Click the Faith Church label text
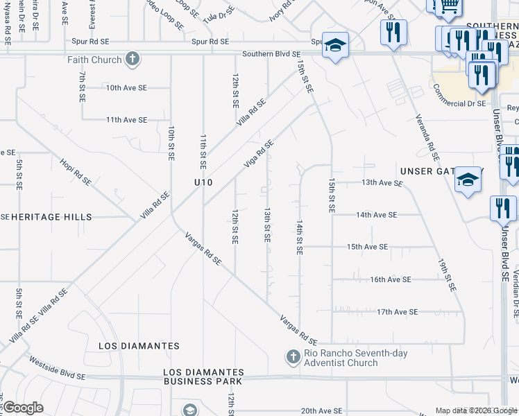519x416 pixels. tap(94, 60)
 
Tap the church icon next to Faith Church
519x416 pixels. tap(133, 60)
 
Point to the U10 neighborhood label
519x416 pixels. tap(203, 182)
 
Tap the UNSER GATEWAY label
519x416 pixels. tap(436, 171)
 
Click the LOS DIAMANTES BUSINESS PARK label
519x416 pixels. tap(203, 376)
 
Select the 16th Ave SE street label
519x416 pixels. tap(391, 279)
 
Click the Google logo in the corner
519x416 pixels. tap(22, 408)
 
